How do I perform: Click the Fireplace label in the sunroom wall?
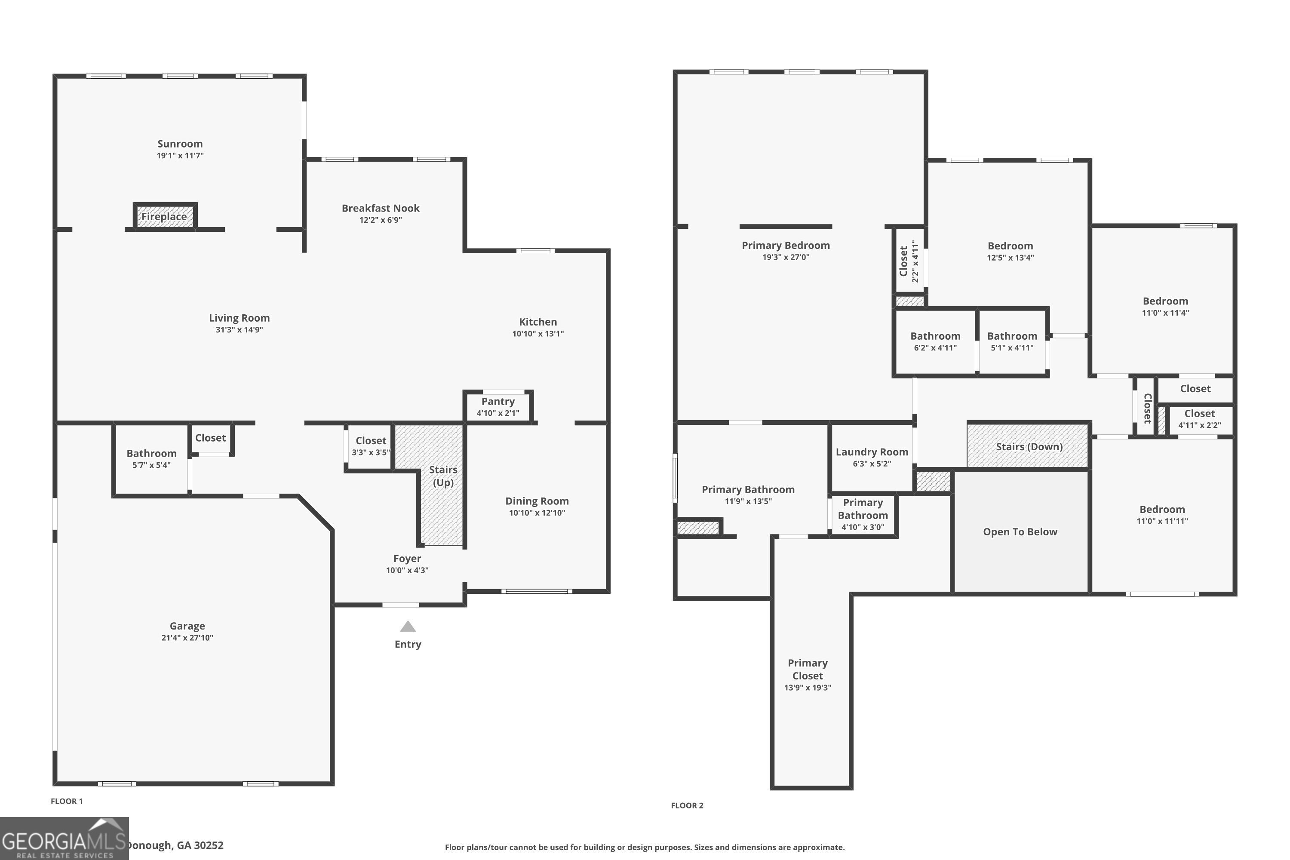pyautogui.click(x=164, y=217)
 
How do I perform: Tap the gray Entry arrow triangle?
pyautogui.click(x=408, y=627)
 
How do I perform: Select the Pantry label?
pyautogui.click(x=498, y=402)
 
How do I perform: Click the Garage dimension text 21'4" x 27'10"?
pyautogui.click(x=187, y=637)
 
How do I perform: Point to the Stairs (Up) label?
pyautogui.click(x=443, y=476)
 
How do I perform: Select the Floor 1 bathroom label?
pyautogui.click(x=151, y=454)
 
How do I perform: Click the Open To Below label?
pyautogui.click(x=1020, y=532)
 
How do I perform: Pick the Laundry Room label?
pyautogui.click(x=872, y=452)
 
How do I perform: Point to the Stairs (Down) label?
pyautogui.click(x=1029, y=446)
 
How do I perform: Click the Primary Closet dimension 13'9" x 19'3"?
pyautogui.click(x=808, y=688)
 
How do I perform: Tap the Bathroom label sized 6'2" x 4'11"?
pyautogui.click(x=935, y=336)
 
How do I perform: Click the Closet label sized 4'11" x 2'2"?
pyautogui.click(x=1199, y=414)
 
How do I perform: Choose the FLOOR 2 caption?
pyautogui.click(x=687, y=805)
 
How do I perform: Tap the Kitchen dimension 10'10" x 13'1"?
pyautogui.click(x=537, y=334)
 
